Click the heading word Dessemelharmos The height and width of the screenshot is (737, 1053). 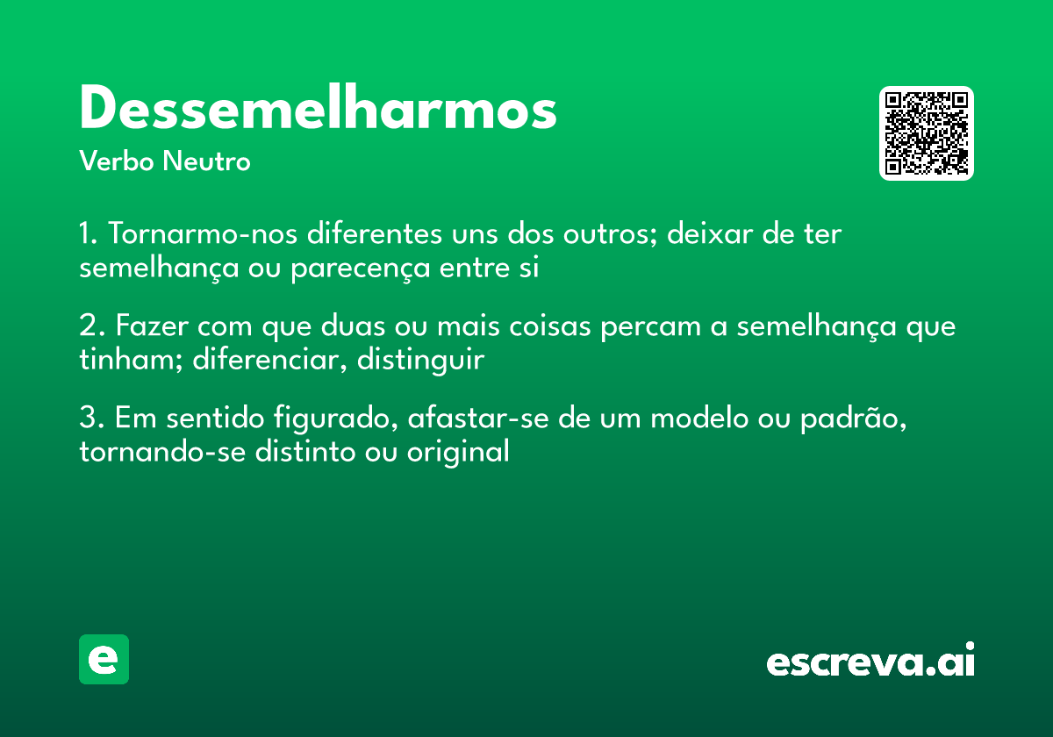point(318,110)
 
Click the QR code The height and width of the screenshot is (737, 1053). point(927,133)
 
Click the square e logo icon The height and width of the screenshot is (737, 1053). point(104,659)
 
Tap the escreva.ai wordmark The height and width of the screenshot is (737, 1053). point(870,662)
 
